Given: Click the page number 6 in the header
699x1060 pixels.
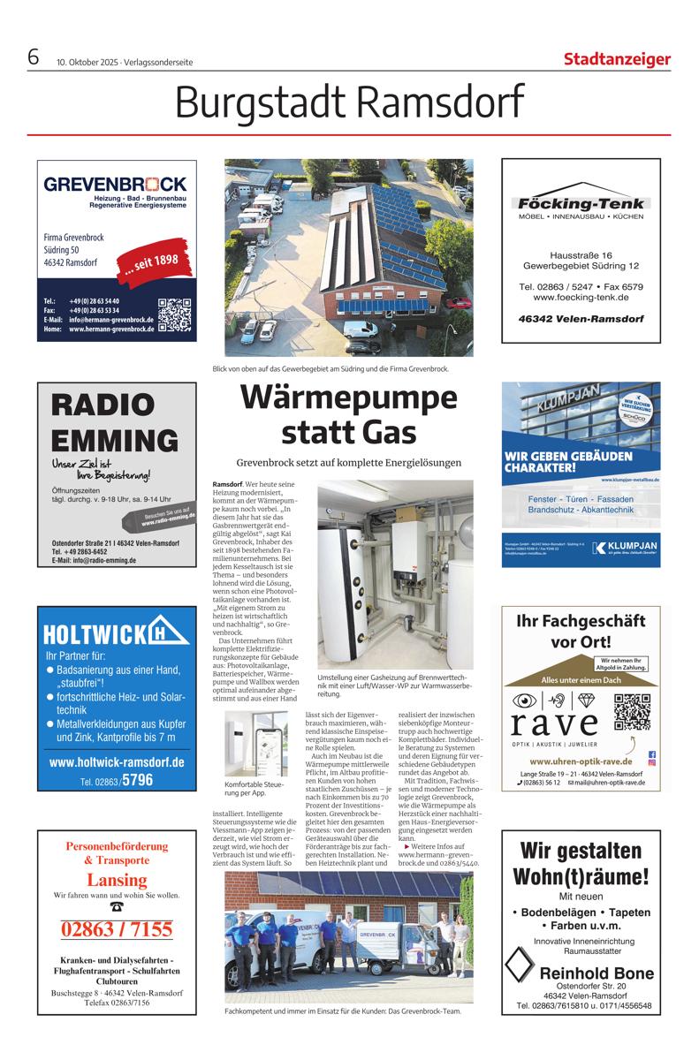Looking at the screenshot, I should click(34, 58).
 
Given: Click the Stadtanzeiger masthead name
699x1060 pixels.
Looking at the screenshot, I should click(617, 60).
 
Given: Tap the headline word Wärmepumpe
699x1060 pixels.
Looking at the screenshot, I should click(350, 399).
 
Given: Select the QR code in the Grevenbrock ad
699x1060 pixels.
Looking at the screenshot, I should click(174, 314).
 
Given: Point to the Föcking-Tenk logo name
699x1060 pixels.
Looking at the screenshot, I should click(581, 201).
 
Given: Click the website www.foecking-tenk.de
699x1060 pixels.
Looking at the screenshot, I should click(581, 298).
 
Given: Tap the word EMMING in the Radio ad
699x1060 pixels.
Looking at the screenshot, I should click(114, 439).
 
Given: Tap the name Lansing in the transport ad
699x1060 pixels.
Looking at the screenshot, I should click(117, 880).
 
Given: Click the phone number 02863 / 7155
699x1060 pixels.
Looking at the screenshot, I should click(117, 929).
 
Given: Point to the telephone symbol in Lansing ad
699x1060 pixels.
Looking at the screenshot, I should click(117, 906).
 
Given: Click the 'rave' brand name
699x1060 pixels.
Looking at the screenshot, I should click(553, 723).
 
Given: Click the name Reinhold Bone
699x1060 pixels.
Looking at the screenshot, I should click(596, 973).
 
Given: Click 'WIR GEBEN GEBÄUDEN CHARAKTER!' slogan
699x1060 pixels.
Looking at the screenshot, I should click(568, 461).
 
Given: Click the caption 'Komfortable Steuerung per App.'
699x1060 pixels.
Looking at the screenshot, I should click(255, 789).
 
